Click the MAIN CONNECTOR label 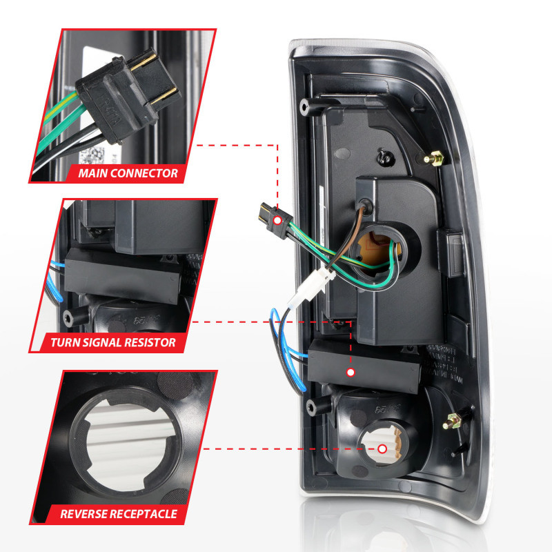(x=128, y=173)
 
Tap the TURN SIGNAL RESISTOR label (x=113, y=342)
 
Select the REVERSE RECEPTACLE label (x=119, y=513)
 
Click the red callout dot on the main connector (x=277, y=220)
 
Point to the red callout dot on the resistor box (x=351, y=373)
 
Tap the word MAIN (x=94, y=173)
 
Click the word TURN (x=66, y=342)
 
